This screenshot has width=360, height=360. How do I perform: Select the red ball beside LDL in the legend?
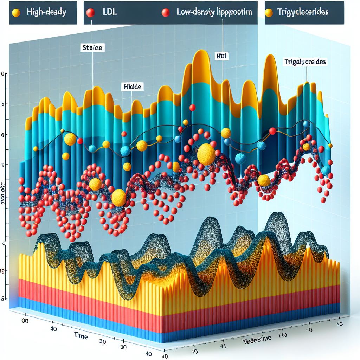(90, 13)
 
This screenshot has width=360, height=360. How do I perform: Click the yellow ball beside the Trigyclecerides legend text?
(269, 13)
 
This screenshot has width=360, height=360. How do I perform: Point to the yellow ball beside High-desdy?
(16, 13)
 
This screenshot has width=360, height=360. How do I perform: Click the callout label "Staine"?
(93, 47)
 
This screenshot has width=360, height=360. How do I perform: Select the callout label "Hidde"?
(133, 87)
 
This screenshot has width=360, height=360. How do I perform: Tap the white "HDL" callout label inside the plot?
(221, 56)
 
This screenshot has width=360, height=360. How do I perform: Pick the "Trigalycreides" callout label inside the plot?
(305, 62)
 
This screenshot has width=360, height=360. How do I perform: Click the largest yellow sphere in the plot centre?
(206, 155)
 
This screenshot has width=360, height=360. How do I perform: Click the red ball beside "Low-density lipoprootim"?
(165, 13)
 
